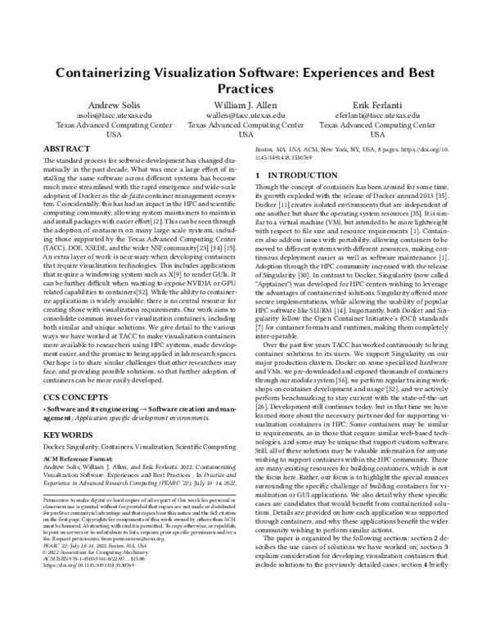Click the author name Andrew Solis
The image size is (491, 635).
[114, 106]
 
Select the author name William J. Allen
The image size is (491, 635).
[245, 106]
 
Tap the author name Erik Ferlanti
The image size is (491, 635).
[377, 106]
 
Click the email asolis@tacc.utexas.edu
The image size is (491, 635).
[114, 116]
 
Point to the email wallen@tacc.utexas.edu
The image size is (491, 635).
[245, 116]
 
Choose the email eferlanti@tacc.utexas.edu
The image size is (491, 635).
[377, 116]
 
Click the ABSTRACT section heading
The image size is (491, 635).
[65, 151]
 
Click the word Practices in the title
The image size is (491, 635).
[245, 88]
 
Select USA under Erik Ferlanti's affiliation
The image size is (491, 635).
[377, 136]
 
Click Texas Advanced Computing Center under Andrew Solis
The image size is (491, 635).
[114, 126]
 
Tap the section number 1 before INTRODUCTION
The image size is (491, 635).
[259, 175]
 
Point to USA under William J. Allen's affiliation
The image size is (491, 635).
[245, 136]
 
